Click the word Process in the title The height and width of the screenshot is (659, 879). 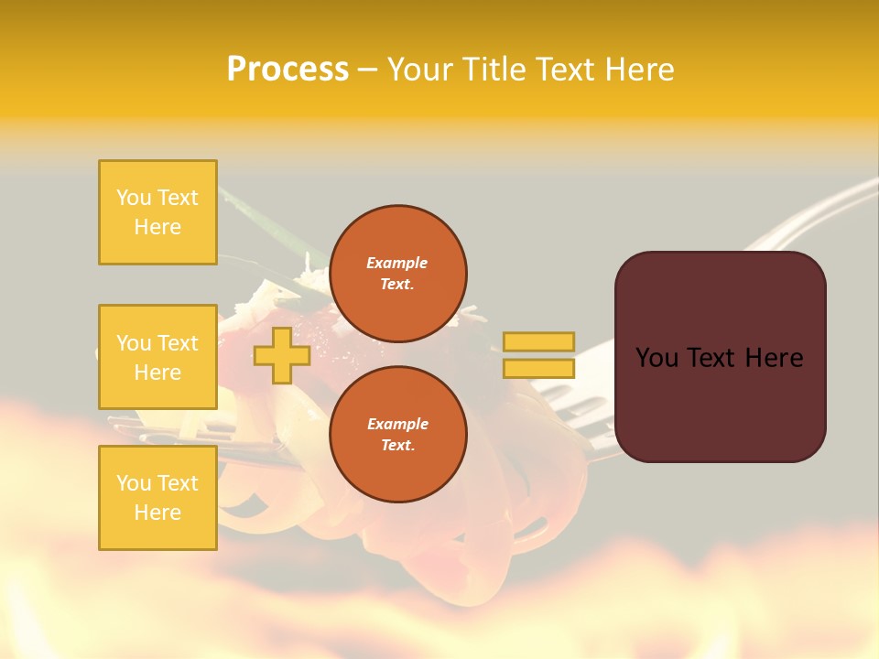coord(288,70)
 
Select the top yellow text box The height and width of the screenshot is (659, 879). coord(157,212)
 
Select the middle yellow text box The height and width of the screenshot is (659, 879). coord(157,357)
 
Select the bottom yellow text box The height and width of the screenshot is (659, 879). coord(157,497)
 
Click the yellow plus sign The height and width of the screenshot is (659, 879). coord(281,355)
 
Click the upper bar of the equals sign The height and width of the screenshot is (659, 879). coord(539,342)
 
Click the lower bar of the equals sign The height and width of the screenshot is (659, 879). coord(539,368)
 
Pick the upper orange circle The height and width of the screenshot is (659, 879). coord(398,274)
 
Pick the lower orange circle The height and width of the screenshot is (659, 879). coord(398,435)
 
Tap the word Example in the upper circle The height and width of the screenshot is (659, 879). coord(397,263)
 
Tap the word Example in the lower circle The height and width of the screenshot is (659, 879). coord(397,424)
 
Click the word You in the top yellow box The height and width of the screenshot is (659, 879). coord(133,198)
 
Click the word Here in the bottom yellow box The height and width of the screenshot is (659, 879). coord(157,513)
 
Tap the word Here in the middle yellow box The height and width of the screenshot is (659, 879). coord(157,373)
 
